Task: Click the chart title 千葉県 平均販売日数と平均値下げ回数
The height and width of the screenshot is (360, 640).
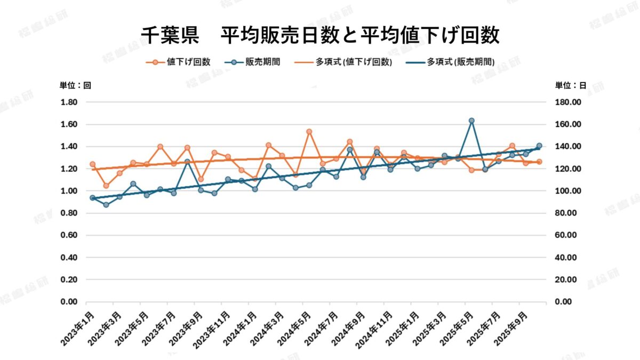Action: [x=320, y=35]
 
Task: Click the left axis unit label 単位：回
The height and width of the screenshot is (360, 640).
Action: [x=75, y=85]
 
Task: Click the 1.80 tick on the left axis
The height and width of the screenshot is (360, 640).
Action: [x=69, y=102]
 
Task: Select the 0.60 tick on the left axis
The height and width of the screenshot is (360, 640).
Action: [x=69, y=235]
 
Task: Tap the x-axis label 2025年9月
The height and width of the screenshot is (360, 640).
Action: [x=513, y=326]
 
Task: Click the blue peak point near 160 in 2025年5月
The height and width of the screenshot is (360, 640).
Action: [x=471, y=121]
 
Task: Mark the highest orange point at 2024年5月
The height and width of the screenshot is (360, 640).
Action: [x=309, y=131]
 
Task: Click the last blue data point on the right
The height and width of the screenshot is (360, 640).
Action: [x=539, y=146]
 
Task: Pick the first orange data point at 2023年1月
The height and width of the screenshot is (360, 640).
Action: [x=92, y=164]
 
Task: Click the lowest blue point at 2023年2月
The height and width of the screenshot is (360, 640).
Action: [x=106, y=205]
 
